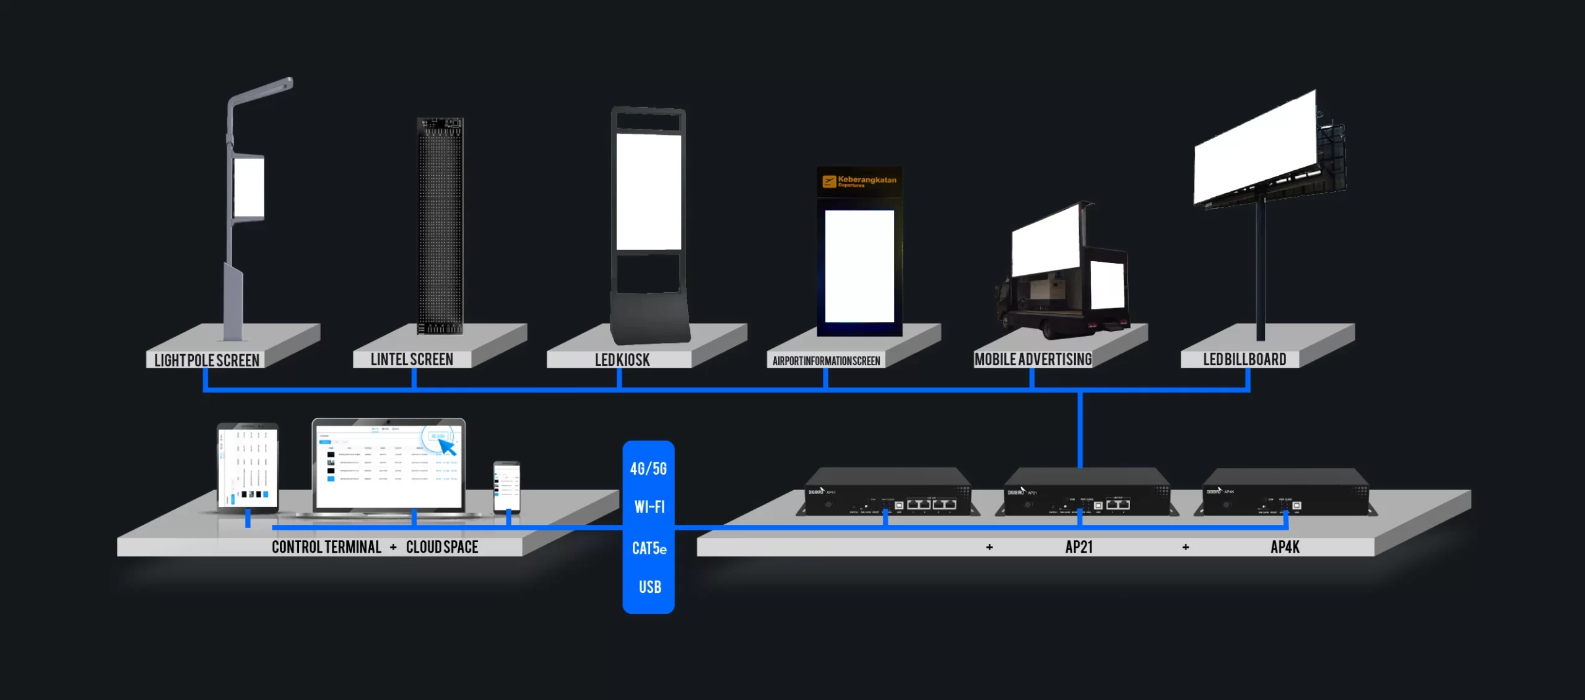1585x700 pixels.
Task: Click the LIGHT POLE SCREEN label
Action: coord(206,360)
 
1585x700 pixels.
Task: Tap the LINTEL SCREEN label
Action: coord(412,360)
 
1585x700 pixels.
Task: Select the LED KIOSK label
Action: coord(622,360)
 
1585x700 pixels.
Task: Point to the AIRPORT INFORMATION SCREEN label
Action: coord(826,361)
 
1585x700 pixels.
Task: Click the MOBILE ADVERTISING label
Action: coord(1033,360)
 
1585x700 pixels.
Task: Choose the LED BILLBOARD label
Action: coord(1244,360)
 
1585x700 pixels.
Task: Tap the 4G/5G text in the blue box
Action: coord(648,469)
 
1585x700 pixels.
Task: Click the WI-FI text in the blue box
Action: coord(649,507)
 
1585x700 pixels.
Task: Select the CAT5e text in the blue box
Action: coord(649,548)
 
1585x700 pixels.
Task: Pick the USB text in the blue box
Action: coord(649,587)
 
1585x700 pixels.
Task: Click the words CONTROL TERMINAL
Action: coord(326,547)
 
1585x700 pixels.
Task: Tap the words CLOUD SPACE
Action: coord(442,547)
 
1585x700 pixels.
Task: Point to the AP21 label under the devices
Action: coord(1079,547)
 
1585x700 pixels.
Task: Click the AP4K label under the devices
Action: coord(1285,547)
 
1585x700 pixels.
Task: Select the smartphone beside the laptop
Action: coord(506,486)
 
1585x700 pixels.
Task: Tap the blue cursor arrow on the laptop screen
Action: coord(447,446)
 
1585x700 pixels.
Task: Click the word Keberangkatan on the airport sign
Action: coord(867,179)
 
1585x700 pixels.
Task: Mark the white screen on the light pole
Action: coord(249,187)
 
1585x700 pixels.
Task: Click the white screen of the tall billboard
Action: coord(1254,149)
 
